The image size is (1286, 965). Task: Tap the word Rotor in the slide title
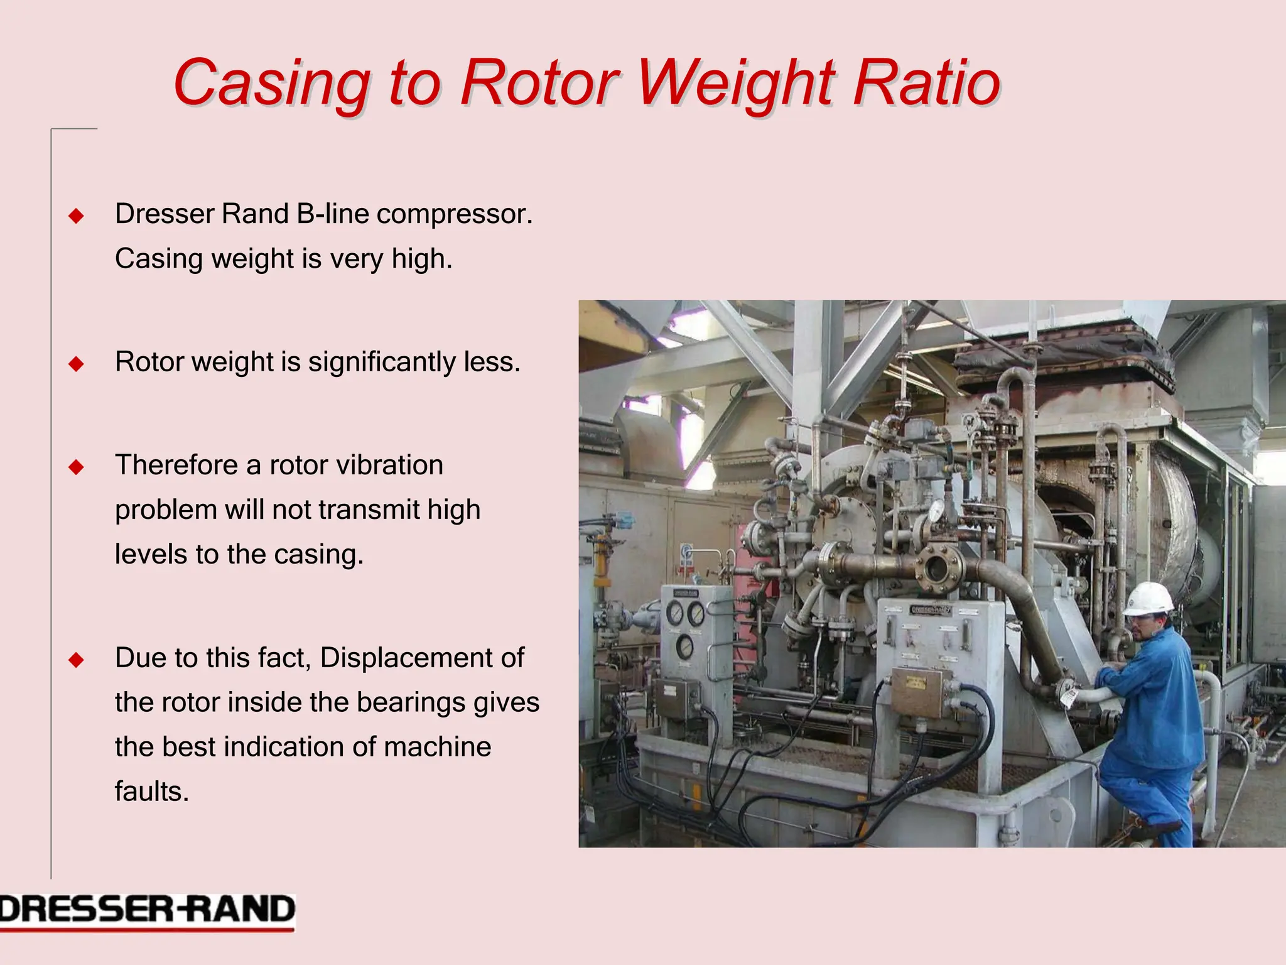point(539,82)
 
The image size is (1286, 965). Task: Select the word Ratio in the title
point(926,82)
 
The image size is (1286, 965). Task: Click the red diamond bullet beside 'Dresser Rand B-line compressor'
point(77,216)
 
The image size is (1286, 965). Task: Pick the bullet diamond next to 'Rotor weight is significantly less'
point(77,364)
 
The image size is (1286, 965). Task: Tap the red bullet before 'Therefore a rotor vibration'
point(77,467)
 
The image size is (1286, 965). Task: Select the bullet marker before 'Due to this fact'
point(77,660)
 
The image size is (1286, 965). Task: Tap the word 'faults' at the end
point(151,792)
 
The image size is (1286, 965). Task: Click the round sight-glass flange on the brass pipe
point(937,569)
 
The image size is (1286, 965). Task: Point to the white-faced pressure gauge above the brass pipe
point(937,510)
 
